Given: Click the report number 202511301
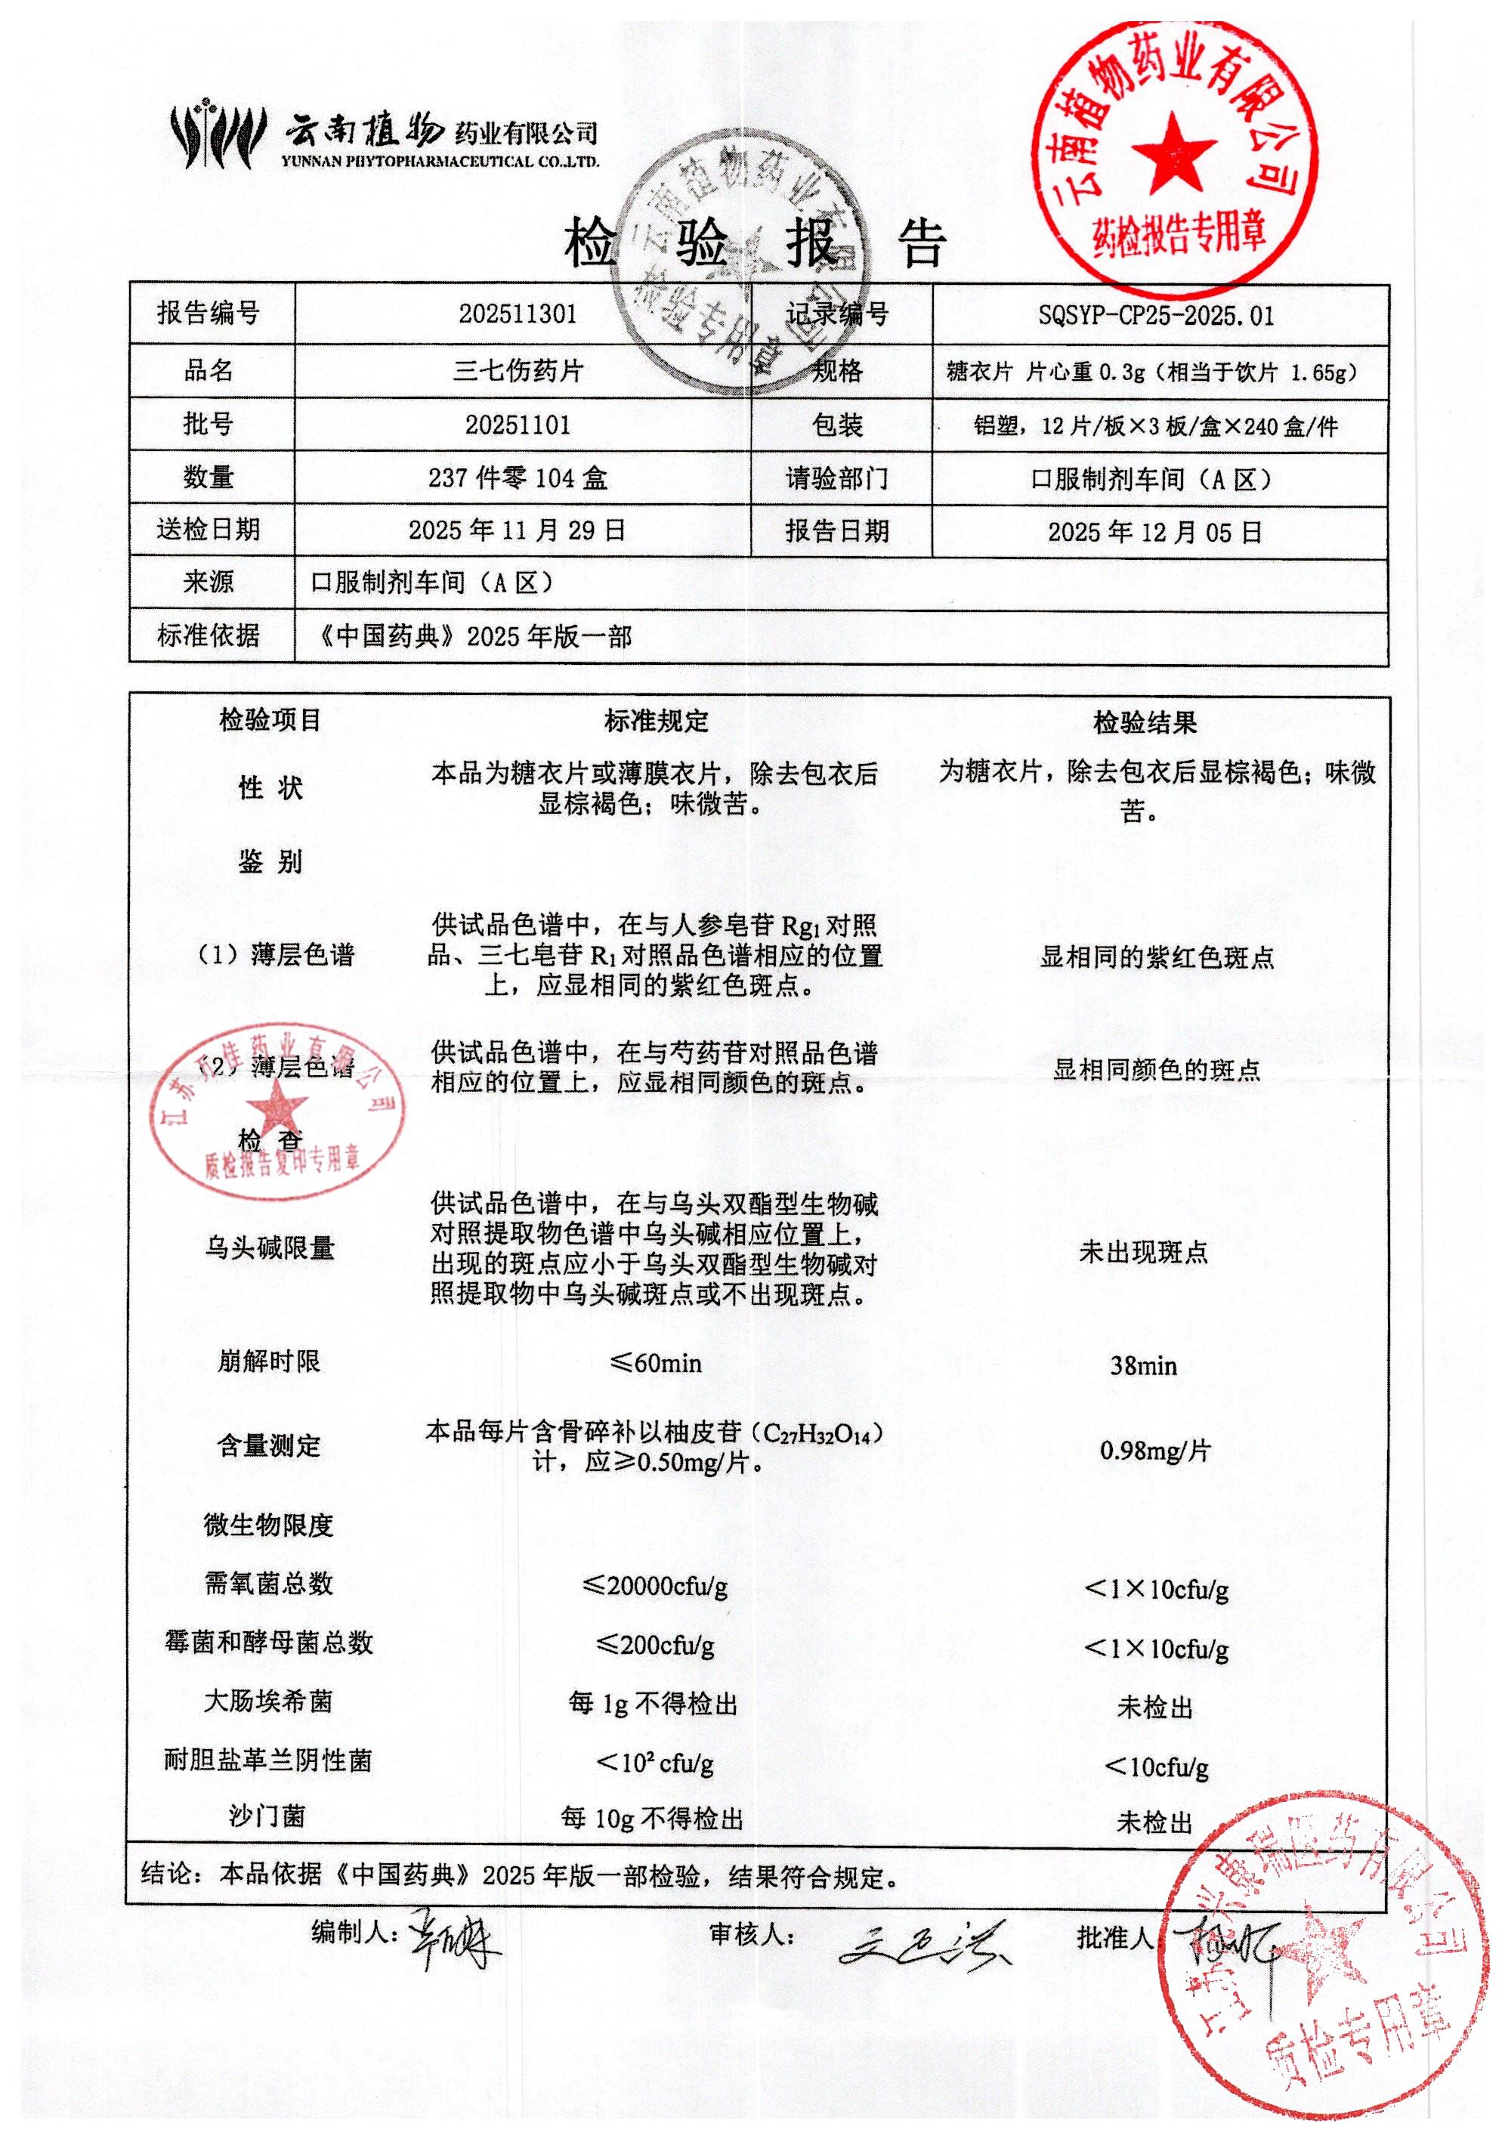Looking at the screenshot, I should point(517,314).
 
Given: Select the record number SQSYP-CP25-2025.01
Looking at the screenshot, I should point(1156,316).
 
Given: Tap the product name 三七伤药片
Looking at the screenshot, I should point(518,371).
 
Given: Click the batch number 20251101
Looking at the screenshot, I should point(517,425).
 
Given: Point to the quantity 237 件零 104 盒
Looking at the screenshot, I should point(517,478).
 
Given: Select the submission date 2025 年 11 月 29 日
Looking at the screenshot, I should point(517,530).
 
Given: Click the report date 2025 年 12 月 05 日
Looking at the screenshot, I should point(1155,532).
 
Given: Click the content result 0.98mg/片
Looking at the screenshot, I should point(1155,1451).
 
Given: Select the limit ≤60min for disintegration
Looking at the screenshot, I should point(656,1363).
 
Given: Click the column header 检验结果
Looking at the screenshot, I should point(1145,722).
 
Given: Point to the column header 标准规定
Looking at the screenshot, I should point(656,720).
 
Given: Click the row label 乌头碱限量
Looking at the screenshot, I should point(269,1247).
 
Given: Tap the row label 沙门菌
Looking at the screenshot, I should point(267,1816).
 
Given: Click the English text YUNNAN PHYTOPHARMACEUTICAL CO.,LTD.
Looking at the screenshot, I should point(440,162).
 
